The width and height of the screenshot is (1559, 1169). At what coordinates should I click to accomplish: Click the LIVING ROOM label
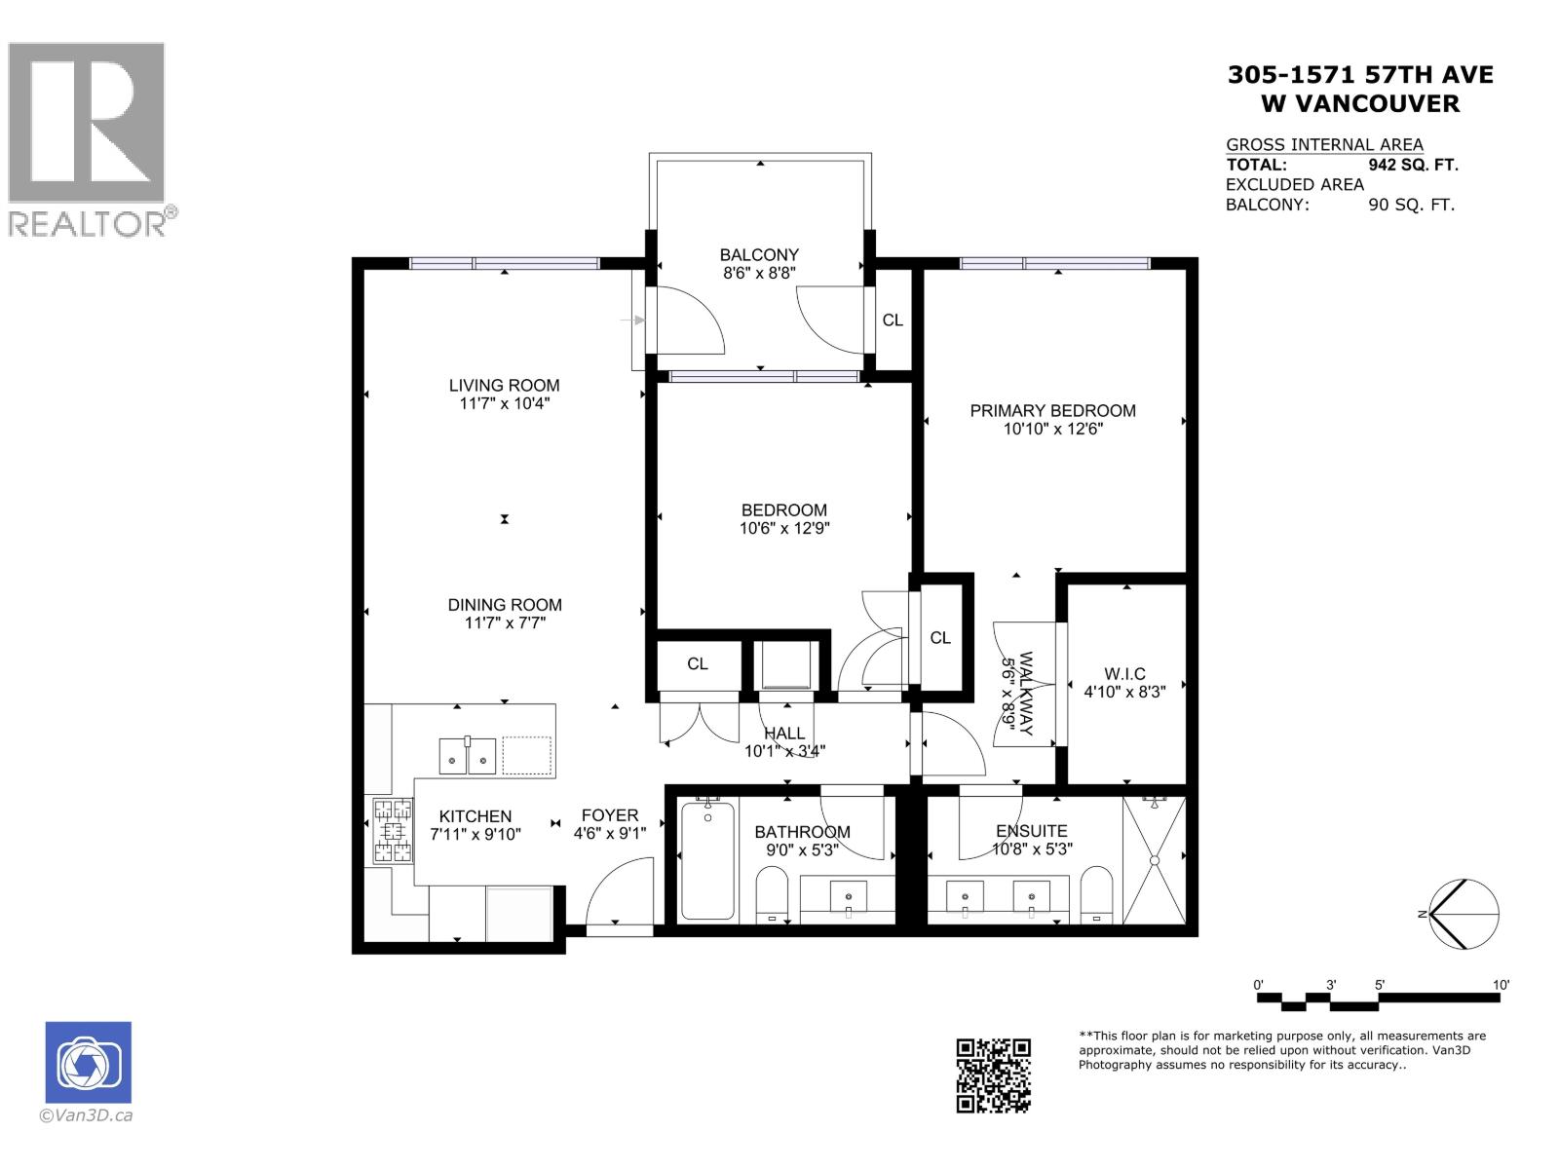(504, 385)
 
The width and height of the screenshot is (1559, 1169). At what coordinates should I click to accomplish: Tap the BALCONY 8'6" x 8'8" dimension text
(759, 274)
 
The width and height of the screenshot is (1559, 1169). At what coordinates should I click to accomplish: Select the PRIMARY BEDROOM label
(1052, 410)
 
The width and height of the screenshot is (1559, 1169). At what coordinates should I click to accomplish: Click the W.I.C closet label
(1124, 674)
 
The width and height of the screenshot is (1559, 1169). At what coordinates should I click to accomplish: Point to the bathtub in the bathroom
(707, 859)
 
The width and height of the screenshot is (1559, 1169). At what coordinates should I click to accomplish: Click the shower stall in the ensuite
(1154, 859)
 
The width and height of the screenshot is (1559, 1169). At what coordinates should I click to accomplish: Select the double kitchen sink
(468, 755)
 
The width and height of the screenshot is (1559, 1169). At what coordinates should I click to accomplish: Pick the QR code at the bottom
(993, 1075)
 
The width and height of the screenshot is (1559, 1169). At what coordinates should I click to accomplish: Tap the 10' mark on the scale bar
(1501, 986)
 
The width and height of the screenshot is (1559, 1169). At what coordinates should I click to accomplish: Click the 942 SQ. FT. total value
(1413, 166)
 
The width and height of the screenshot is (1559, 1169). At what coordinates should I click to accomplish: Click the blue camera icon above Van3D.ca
(88, 1062)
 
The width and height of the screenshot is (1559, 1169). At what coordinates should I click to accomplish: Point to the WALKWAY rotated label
(1017, 694)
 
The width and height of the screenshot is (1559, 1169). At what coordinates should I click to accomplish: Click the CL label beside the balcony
(892, 320)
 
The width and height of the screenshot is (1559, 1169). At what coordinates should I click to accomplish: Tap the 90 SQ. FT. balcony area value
(1411, 205)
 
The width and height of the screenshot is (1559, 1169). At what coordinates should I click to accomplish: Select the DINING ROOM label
(504, 605)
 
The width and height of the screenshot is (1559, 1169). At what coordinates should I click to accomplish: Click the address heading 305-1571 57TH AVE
(1359, 75)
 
